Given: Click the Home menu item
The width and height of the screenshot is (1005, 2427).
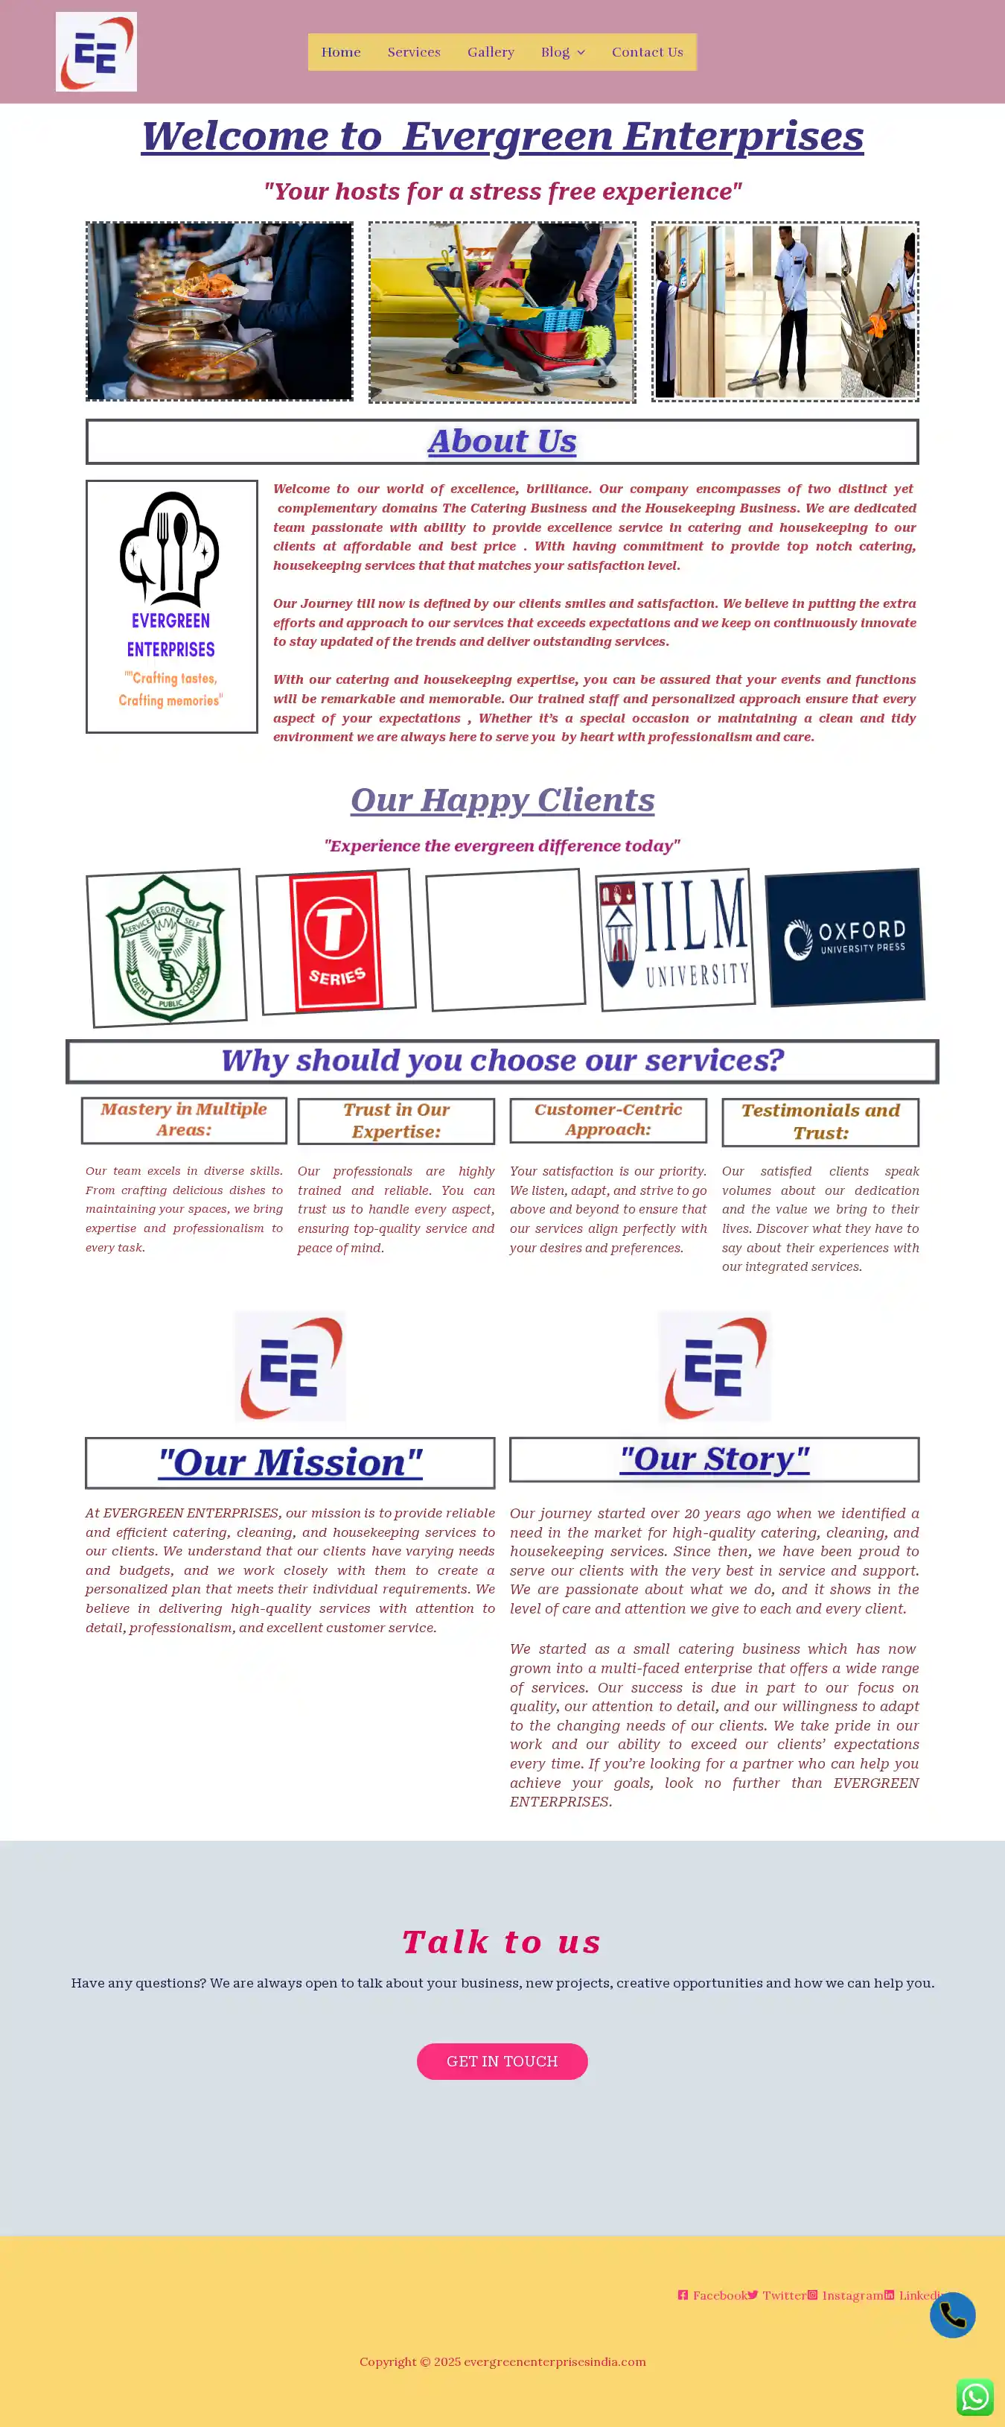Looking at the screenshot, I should (340, 52).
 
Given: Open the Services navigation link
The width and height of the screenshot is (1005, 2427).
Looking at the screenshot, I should (413, 52).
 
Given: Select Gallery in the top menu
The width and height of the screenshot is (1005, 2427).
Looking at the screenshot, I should (491, 52).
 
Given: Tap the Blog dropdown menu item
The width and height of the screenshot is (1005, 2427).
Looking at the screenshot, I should (562, 52).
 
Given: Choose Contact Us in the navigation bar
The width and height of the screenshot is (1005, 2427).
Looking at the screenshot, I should (647, 52).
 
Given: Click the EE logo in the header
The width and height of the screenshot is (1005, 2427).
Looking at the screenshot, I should (96, 52).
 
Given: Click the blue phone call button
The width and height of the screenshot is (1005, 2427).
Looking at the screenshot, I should (952, 2314).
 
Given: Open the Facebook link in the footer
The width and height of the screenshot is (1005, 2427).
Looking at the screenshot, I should (714, 2295).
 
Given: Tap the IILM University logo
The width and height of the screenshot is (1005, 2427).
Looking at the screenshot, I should (675, 939).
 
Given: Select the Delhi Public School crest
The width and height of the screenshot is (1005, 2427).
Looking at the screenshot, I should (167, 947).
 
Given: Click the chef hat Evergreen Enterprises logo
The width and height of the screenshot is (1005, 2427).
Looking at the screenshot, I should (171, 606).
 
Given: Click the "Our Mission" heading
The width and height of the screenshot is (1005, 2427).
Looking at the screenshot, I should (290, 1462).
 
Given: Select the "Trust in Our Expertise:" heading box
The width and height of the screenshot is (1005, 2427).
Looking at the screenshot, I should (397, 1120).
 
